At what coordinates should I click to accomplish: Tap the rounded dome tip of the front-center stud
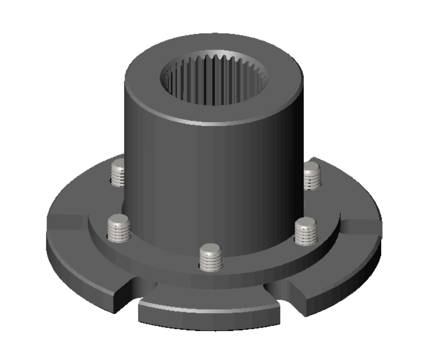(x=211, y=250)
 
